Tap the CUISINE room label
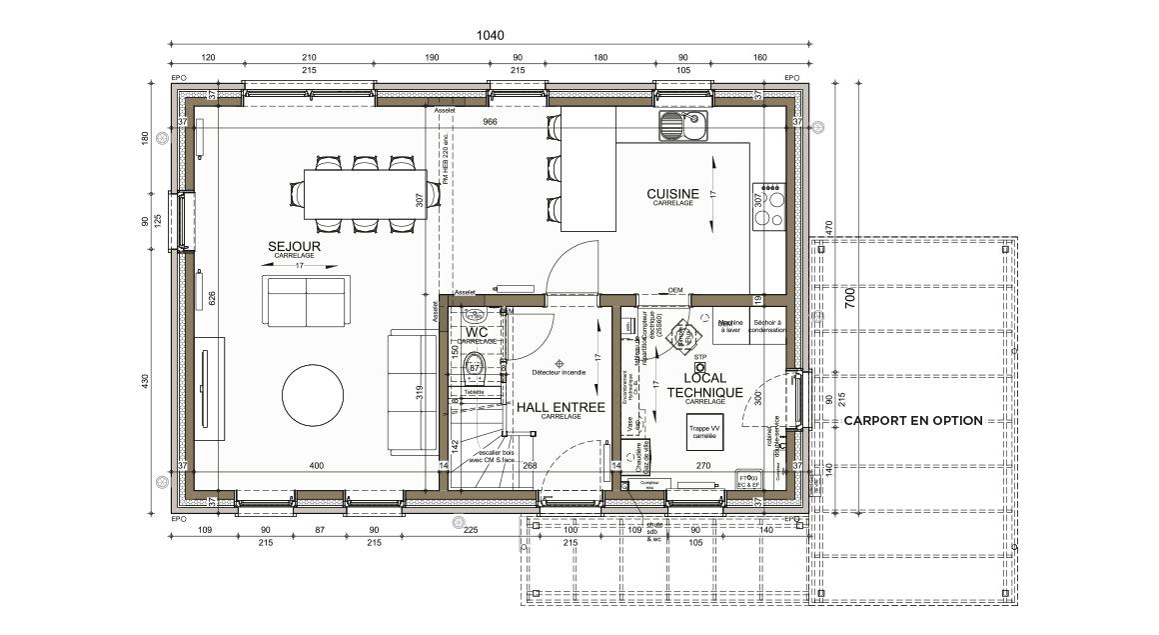673,194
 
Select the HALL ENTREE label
560,407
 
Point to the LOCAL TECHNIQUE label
704,385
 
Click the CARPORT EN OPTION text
912,421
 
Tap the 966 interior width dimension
490,122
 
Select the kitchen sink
682,126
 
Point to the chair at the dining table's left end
297,194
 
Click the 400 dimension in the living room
317,466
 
